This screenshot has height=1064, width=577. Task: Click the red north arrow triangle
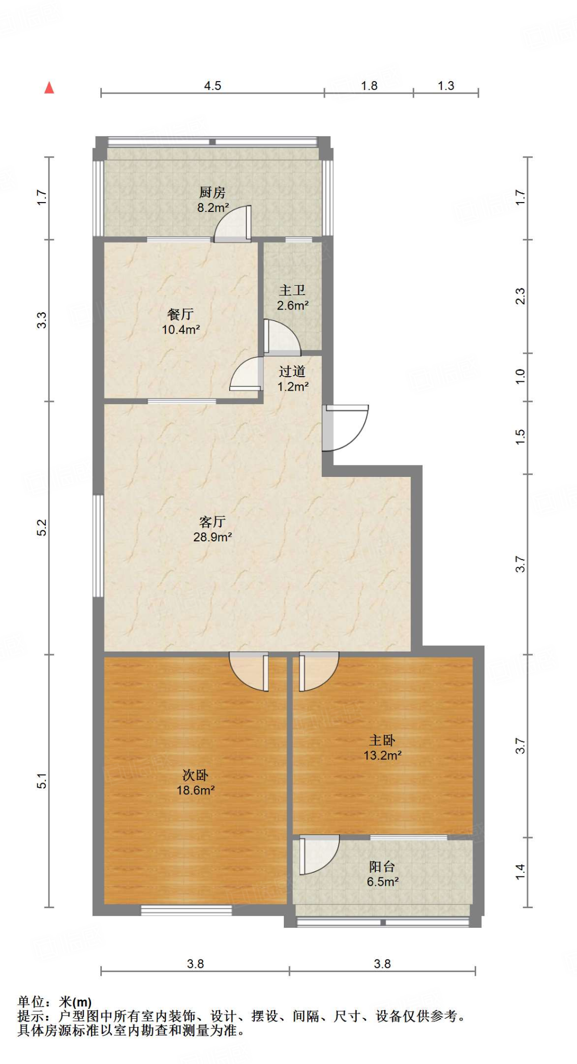click(49, 88)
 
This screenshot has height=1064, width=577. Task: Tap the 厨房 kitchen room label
click(212, 193)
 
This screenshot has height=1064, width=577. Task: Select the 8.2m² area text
click(213, 208)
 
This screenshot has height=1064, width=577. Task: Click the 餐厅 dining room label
click(180, 314)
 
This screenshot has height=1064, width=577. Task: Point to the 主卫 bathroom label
click(292, 290)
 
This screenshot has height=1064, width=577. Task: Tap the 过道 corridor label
click(292, 371)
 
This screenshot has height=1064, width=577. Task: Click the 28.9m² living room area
click(212, 537)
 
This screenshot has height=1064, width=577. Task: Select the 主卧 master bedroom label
click(382, 740)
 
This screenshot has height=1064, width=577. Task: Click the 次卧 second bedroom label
click(195, 775)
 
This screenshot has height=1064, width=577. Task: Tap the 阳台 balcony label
click(382, 867)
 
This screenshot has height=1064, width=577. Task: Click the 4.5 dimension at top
click(212, 86)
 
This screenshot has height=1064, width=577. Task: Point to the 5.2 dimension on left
click(42, 527)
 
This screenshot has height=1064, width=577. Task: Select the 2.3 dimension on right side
click(520, 296)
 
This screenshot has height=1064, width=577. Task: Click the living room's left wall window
click(98, 546)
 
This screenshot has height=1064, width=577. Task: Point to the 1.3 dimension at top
click(445, 86)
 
